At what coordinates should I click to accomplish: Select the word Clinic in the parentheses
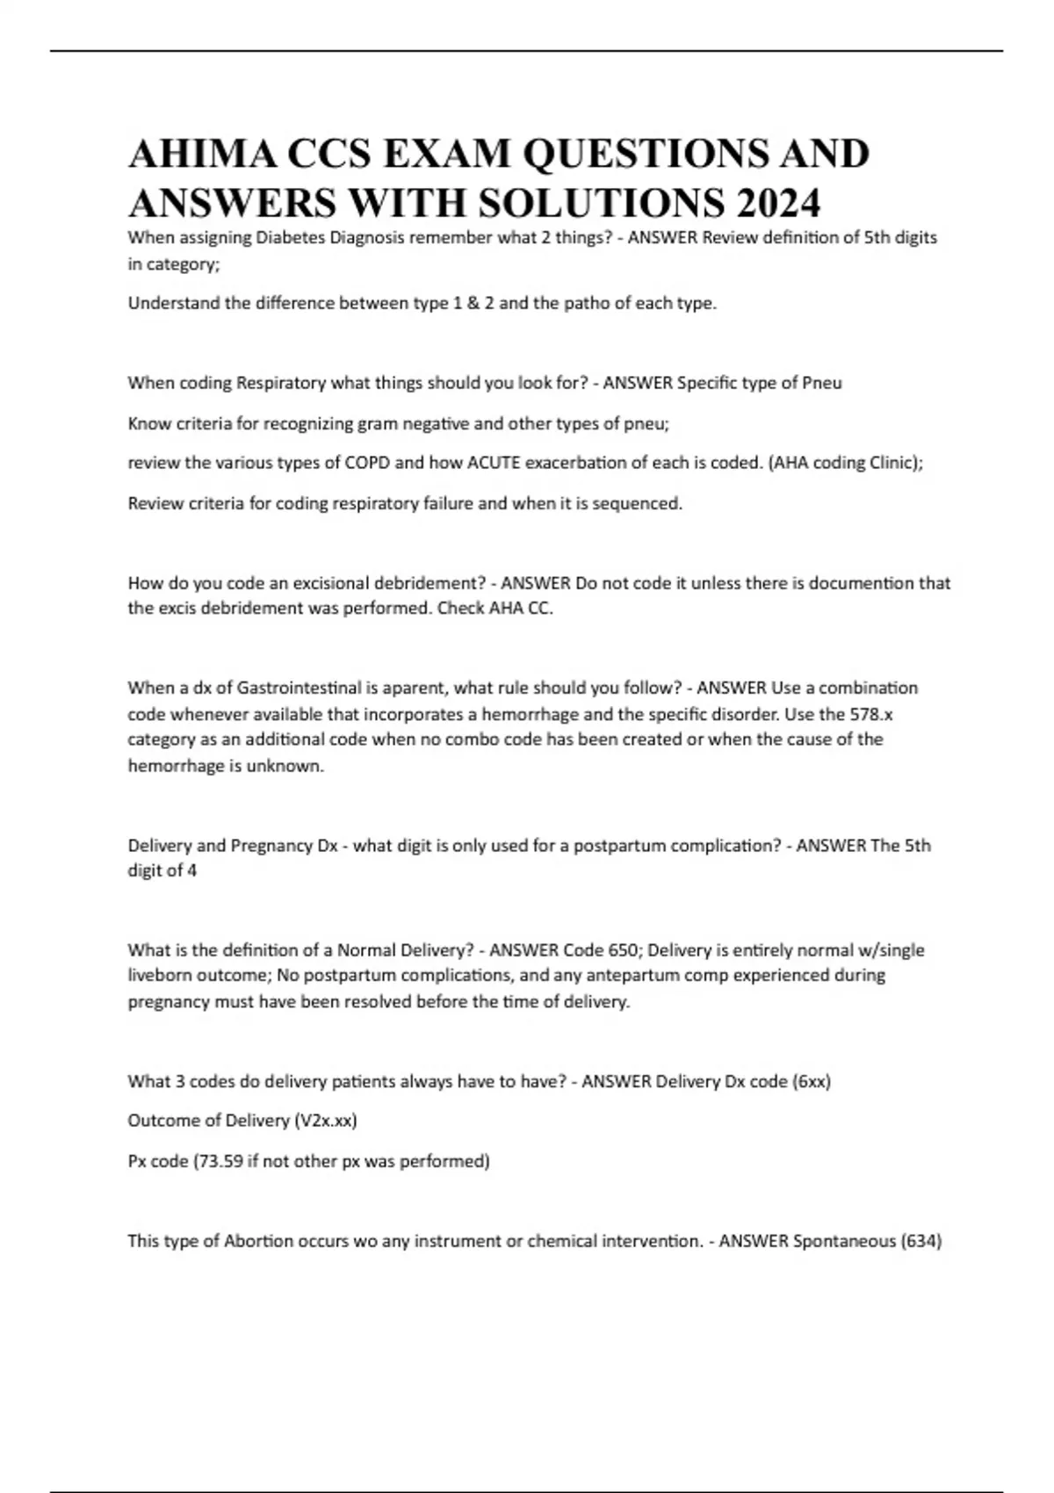tap(892, 463)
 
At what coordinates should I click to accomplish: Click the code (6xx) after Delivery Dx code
tap(812, 1081)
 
